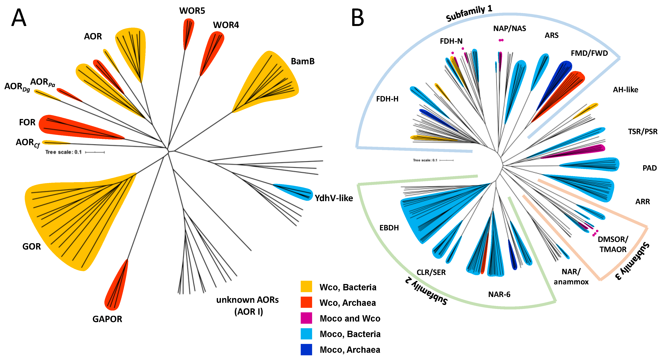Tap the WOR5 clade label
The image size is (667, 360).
(x=192, y=11)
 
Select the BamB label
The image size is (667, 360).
(x=302, y=61)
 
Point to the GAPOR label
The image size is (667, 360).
(x=107, y=319)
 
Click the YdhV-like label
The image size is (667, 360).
(x=333, y=198)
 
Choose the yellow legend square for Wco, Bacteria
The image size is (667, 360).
(x=306, y=287)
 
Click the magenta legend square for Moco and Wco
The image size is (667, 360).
(x=306, y=318)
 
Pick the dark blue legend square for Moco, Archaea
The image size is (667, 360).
(x=306, y=349)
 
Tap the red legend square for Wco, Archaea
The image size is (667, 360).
(x=306, y=302)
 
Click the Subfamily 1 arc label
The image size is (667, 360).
(x=469, y=14)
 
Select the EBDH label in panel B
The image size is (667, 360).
(x=389, y=228)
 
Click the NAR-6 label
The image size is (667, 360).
(x=499, y=294)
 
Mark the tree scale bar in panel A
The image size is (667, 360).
(x=95, y=152)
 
